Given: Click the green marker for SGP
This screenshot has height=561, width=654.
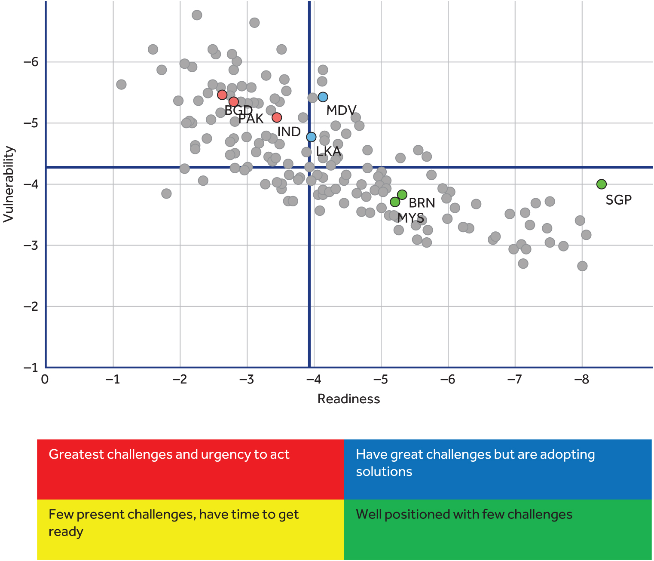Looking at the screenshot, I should click(x=601, y=184).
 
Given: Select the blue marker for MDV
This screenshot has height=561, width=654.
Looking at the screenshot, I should click(x=323, y=97).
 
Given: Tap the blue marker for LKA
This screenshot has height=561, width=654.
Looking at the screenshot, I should click(x=311, y=137).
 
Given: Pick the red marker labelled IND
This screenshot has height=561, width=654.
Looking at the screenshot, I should click(x=277, y=117).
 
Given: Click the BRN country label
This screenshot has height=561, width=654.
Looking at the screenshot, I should click(x=422, y=203).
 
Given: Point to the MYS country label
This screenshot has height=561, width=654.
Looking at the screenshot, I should click(x=410, y=218).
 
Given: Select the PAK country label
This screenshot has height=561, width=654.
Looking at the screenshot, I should click(x=251, y=119).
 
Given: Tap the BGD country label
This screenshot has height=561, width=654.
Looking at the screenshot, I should click(x=238, y=110).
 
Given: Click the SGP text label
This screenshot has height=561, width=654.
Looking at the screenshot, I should click(x=618, y=200).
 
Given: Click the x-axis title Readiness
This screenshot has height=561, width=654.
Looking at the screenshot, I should click(x=348, y=399).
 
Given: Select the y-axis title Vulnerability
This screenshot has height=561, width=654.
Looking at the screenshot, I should click(x=9, y=184).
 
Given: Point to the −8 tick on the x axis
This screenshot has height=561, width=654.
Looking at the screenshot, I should click(x=581, y=380).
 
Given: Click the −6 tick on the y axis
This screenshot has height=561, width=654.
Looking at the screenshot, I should click(x=31, y=62).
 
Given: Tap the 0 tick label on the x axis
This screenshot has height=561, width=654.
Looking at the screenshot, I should click(x=45, y=380).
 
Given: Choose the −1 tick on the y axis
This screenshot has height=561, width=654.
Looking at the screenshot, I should click(x=31, y=368).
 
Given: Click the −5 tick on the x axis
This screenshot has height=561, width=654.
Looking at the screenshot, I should click(x=380, y=380).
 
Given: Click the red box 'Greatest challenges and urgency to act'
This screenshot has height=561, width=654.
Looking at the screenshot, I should click(x=190, y=469).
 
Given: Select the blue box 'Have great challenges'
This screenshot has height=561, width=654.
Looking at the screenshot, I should click(x=498, y=469).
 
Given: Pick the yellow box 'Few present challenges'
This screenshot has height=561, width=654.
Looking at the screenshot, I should click(x=190, y=529).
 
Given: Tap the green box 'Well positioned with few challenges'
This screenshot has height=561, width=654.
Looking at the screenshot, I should click(x=498, y=529).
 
